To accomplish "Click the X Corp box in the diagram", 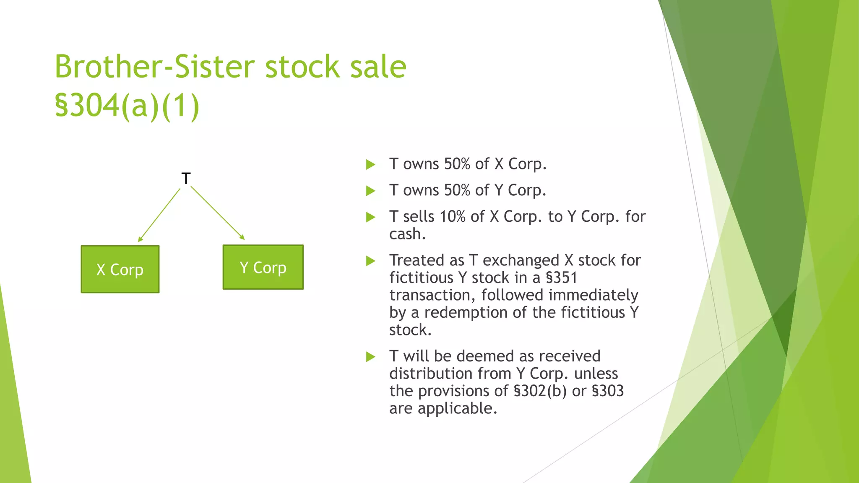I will [x=120, y=269].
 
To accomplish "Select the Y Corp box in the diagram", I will [x=263, y=267].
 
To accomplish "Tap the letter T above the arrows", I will [x=186, y=179].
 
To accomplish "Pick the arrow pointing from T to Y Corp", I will [x=217, y=213].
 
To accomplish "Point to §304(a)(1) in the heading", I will [x=127, y=105].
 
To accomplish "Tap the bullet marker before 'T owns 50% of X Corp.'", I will [x=370, y=164].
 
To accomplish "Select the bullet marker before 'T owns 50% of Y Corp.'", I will [x=370, y=191].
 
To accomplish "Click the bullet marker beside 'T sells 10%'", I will [x=370, y=217].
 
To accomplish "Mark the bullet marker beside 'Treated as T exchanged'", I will [x=370, y=261].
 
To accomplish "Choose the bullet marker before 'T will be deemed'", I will [x=370, y=357].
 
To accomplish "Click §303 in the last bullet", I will [x=607, y=391].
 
